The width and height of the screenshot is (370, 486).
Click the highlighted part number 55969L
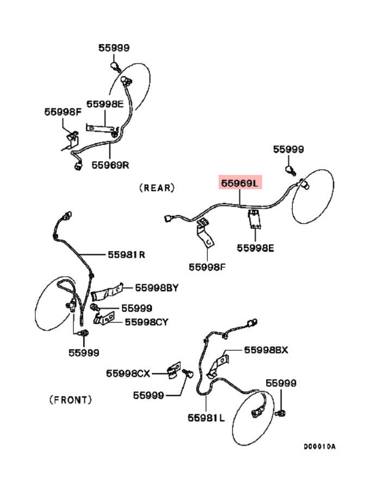pos(240,184)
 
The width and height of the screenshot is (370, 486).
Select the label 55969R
pos(110,164)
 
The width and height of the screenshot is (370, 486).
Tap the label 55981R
pos(127,254)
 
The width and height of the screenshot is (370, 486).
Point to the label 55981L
pos(207,418)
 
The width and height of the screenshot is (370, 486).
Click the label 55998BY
pos(157,287)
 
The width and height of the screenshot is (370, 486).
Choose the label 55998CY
pos(146,322)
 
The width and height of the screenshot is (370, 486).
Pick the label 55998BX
pos(266,350)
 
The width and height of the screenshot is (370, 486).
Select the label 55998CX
pos(127,373)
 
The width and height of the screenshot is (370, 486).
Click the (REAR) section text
pos(157,187)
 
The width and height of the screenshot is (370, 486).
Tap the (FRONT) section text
pos(71,399)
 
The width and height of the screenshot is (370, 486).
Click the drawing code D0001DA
pos(319,447)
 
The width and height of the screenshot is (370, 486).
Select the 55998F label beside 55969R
pos(63,112)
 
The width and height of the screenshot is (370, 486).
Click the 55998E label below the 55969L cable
pos(255,248)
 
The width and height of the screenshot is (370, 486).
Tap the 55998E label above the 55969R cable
pos(105,104)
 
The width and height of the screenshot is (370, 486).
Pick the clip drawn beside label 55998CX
pos(174,370)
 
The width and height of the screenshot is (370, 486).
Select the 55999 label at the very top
pos(114,48)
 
